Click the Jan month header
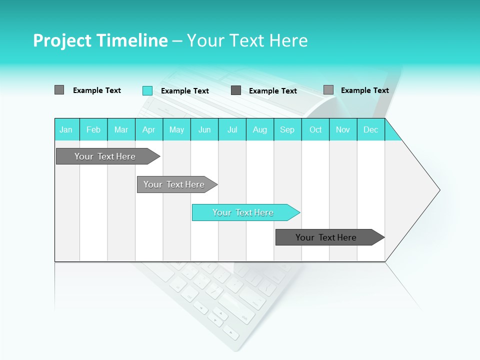pos(66,129)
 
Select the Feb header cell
pos(93,129)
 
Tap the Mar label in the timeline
pos(121,129)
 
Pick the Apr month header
pos(149,129)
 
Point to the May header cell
pos(176,129)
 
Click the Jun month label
pos(204,129)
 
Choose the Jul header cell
pos(232,129)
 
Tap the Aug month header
pos(260,129)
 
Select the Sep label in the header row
pos(287,129)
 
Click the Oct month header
pos(315,129)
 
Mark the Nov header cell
pos(343,129)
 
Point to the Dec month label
pos(371,129)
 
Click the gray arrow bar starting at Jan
pos(105,156)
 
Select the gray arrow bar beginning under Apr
pos(174,184)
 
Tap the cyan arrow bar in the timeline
pos(243,212)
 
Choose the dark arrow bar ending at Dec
pos(326,237)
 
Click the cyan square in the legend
pos(147,90)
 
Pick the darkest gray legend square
pos(236,90)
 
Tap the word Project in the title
pos(61,40)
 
